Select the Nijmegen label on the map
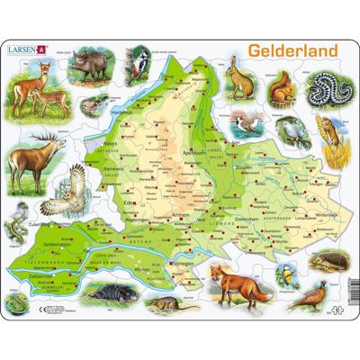[x=180, y=252]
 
